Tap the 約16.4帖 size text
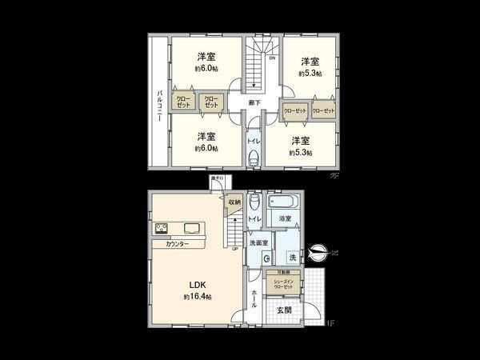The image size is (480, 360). point(197,297)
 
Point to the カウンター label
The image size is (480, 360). point(177,244)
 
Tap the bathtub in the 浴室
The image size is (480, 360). point(283,201)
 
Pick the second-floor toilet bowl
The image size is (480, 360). point(253,158)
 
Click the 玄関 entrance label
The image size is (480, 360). point(284,310)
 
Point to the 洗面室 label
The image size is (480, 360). point(257,242)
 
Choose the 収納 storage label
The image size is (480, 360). point(234,202)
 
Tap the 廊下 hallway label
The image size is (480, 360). point(254,103)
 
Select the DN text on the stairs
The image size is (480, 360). point(271,58)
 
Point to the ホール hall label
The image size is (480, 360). point(254,298)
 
